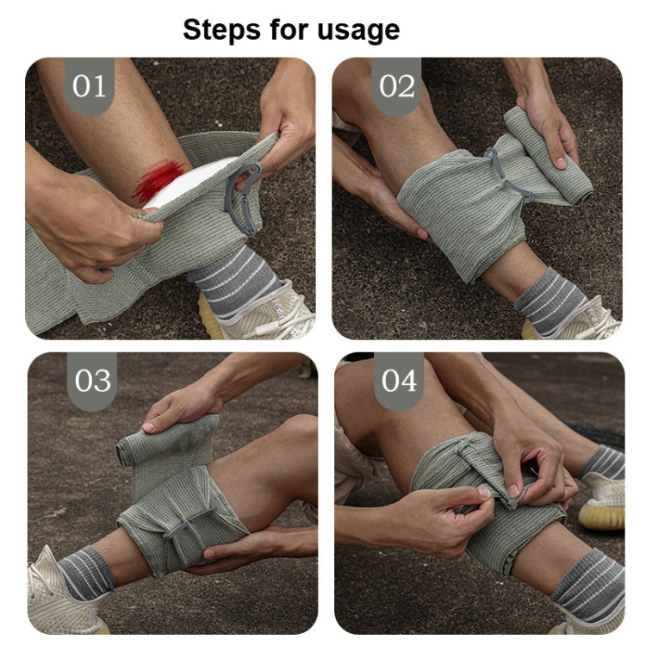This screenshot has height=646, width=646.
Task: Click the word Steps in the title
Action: (221, 30)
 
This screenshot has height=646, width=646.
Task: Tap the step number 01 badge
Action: (90, 86)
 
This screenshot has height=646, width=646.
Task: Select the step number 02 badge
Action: (397, 86)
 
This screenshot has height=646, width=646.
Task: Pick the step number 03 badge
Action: (91, 380)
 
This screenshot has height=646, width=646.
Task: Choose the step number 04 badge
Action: (398, 380)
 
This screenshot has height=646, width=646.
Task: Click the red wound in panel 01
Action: (158, 179)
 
